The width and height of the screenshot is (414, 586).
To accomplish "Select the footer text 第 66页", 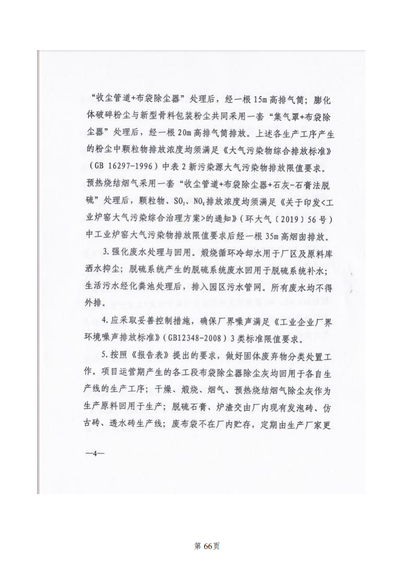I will click(x=206, y=546).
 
